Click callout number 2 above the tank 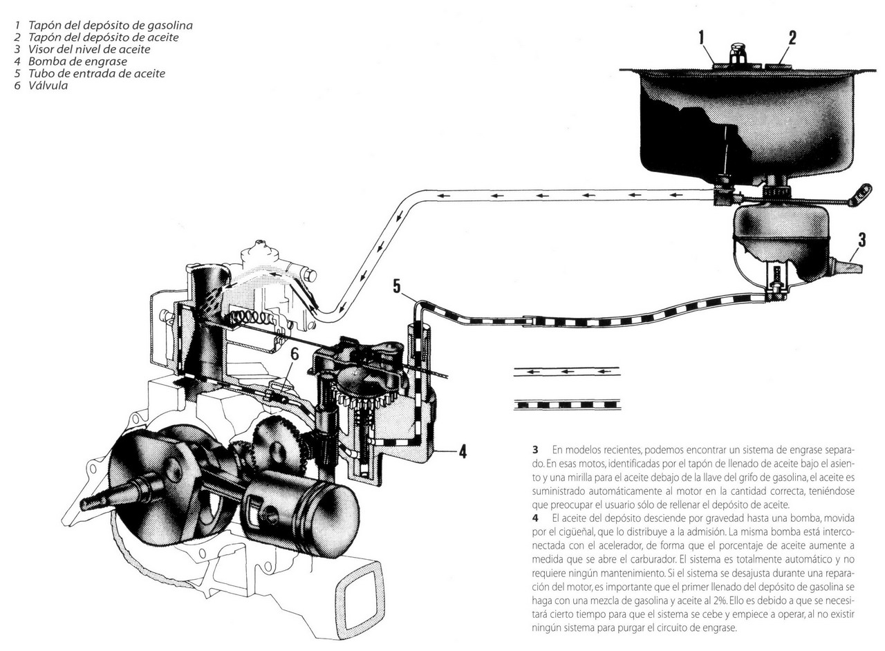(792, 37)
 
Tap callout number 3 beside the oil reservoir (861, 240)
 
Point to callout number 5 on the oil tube (396, 285)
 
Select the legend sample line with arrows (566, 371)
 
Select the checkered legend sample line (566, 404)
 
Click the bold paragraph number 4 (535, 518)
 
